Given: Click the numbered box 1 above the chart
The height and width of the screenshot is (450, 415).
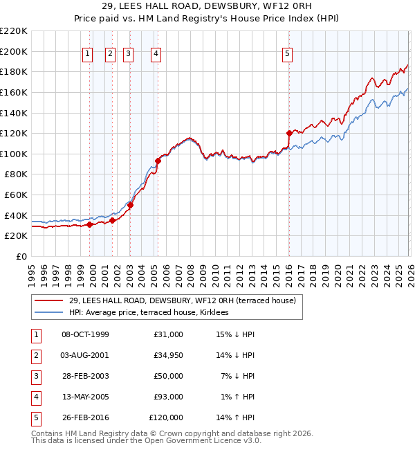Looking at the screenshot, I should (x=89, y=55).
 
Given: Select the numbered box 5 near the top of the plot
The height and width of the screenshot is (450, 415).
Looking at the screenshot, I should (x=288, y=55).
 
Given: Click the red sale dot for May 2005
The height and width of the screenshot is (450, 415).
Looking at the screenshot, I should (x=158, y=161).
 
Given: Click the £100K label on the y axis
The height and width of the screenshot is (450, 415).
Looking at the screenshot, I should (x=14, y=154).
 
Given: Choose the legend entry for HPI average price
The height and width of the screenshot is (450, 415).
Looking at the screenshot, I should (x=154, y=312).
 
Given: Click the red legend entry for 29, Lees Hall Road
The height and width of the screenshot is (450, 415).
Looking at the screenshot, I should (x=182, y=300).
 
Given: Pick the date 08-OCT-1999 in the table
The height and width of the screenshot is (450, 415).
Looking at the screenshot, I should (x=85, y=334).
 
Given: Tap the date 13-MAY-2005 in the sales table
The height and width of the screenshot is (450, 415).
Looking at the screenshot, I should (x=85, y=397).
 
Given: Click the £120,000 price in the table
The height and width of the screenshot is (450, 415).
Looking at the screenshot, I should (x=166, y=417).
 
